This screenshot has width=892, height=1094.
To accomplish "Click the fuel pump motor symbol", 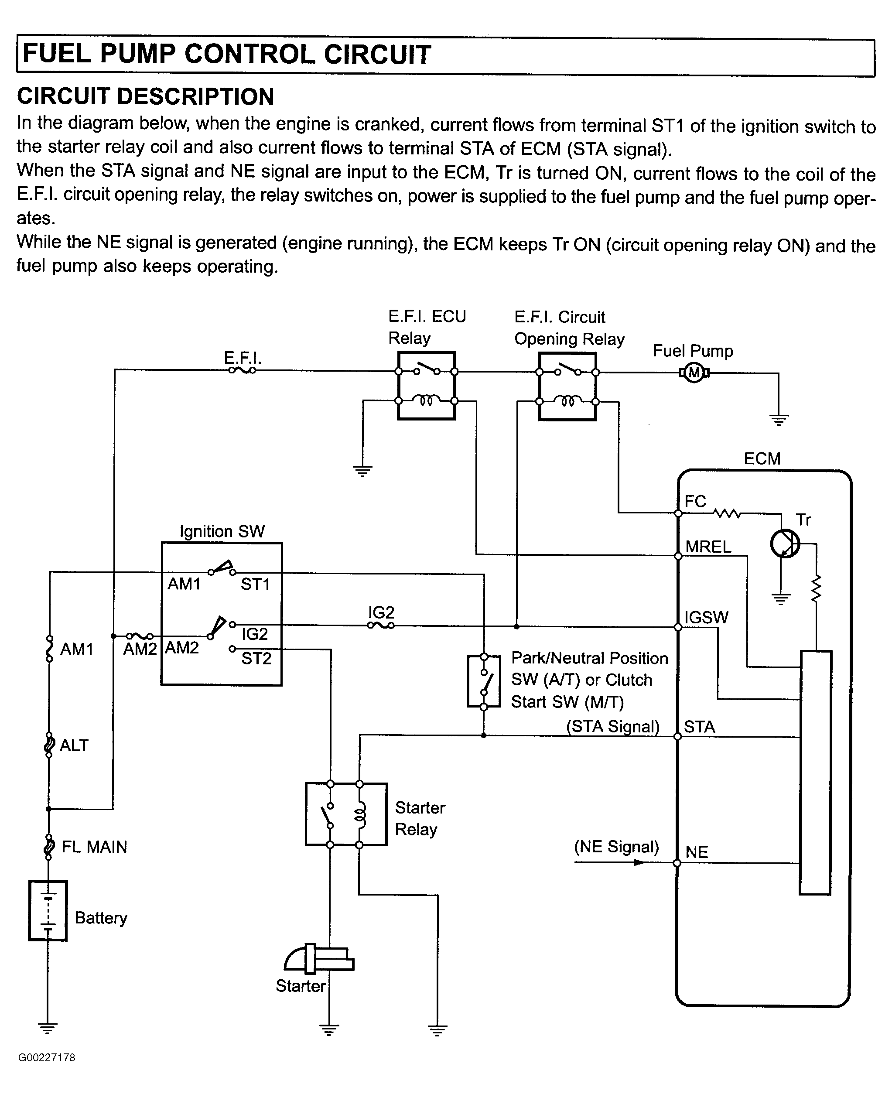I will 694,373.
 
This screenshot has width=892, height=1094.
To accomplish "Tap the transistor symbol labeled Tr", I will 785,544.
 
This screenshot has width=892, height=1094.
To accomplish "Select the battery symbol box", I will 48,910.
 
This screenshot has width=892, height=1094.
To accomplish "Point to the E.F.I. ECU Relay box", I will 427,386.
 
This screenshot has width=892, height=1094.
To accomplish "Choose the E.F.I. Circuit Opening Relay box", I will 567,386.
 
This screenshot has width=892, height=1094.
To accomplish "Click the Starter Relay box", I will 346,814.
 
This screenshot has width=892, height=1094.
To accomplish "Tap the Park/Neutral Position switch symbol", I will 483,681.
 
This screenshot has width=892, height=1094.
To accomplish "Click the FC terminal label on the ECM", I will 695,502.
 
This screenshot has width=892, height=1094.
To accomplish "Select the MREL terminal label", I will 708,547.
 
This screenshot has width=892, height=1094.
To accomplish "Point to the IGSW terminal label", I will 706,617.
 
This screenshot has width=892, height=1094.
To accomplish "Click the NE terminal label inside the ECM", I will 697,852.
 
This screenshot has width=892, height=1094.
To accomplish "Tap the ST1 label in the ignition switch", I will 255,584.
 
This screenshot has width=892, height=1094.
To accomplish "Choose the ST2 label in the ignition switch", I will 256,658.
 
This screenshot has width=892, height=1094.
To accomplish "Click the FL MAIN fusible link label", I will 94,847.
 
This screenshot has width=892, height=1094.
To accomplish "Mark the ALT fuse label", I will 74,745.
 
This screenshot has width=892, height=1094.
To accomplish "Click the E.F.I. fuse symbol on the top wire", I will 242,370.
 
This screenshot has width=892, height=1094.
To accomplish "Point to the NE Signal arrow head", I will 639,862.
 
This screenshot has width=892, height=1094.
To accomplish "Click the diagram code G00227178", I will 47,1057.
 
